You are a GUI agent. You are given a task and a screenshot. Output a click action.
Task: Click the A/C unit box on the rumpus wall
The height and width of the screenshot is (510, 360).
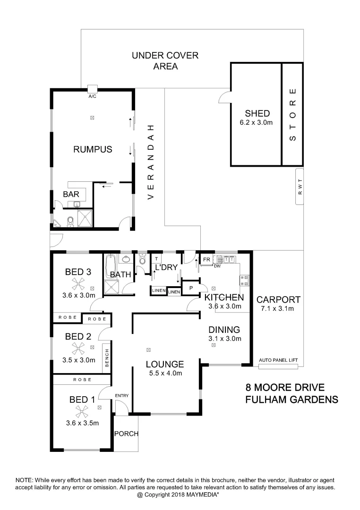pos(93,88)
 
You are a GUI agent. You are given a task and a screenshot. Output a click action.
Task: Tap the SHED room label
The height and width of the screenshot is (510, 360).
pos(257,113)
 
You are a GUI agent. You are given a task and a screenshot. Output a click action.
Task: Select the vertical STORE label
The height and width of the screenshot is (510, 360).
pos(293,115)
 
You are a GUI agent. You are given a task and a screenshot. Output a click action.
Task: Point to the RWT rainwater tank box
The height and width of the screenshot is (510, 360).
pos(299,187)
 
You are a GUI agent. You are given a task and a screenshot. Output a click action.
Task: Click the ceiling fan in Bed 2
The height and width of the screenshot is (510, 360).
pos(78,348)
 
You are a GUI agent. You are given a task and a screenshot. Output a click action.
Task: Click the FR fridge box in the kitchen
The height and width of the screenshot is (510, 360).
pos(206,260)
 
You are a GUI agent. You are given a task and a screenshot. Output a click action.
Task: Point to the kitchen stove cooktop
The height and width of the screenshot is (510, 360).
pos(244,280)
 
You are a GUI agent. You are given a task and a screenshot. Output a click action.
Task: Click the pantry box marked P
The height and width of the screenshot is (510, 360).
pos(191,288)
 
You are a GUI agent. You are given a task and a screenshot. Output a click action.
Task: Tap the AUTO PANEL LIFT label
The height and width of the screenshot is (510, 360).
pos(279,360)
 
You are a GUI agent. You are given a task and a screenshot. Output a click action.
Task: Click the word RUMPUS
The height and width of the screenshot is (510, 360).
pos(93,150)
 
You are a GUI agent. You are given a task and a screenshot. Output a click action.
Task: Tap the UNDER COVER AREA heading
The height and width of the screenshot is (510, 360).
pos(165,61)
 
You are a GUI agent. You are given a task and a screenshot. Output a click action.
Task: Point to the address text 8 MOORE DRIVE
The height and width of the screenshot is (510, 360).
pos(285,388)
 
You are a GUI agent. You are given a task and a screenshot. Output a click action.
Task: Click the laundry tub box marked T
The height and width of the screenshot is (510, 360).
pos(155,259)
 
